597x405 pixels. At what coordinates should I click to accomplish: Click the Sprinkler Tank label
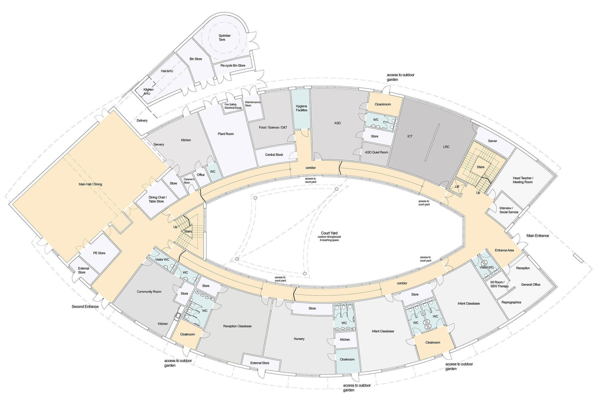[224, 38]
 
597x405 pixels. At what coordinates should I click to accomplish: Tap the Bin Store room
[195, 59]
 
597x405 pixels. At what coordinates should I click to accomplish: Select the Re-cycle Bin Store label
[232, 66]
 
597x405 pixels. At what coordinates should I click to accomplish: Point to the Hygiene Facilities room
[301, 108]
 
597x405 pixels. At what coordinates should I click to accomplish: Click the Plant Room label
[225, 134]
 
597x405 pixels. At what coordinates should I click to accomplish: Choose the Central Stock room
[274, 155]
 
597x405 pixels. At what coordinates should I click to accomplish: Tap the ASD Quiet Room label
[376, 152]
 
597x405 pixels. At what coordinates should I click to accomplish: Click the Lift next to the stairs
[457, 187]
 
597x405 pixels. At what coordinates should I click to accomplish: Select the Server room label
[492, 141]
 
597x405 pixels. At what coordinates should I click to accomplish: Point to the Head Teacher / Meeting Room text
[522, 180]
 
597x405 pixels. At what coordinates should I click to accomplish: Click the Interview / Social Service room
[508, 210]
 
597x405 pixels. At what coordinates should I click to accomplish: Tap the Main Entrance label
[537, 236]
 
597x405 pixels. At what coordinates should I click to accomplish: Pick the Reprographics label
[511, 302]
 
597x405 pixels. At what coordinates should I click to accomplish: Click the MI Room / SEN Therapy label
[499, 284]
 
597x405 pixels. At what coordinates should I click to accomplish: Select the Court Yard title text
[329, 233]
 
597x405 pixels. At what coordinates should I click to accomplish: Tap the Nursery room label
[299, 339]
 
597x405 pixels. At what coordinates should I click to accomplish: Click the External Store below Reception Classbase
[260, 363]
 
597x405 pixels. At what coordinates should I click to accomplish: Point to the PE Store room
[99, 253]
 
